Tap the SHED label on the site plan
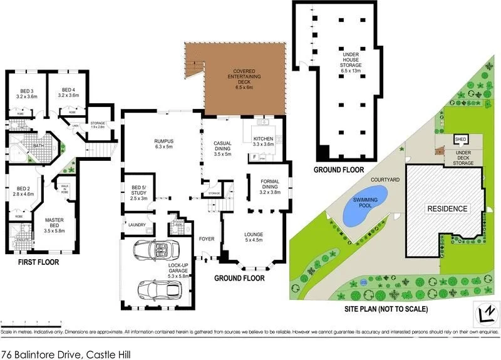[x=460, y=139]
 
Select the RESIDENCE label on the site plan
[x=447, y=208]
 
